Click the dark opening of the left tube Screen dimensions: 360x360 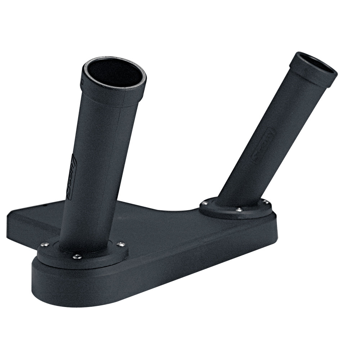(114, 74)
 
